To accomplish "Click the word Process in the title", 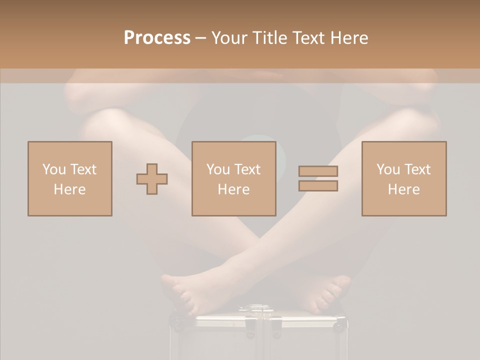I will click(157, 38).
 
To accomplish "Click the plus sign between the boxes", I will click(152, 179).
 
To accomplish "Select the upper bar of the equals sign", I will click(318, 171).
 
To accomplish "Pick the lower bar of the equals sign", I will click(318, 186).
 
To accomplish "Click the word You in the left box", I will click(53, 169).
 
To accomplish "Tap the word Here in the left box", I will click(69, 189).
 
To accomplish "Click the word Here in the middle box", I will click(233, 189).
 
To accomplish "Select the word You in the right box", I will click(387, 169).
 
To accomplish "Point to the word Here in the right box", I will click(403, 189).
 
